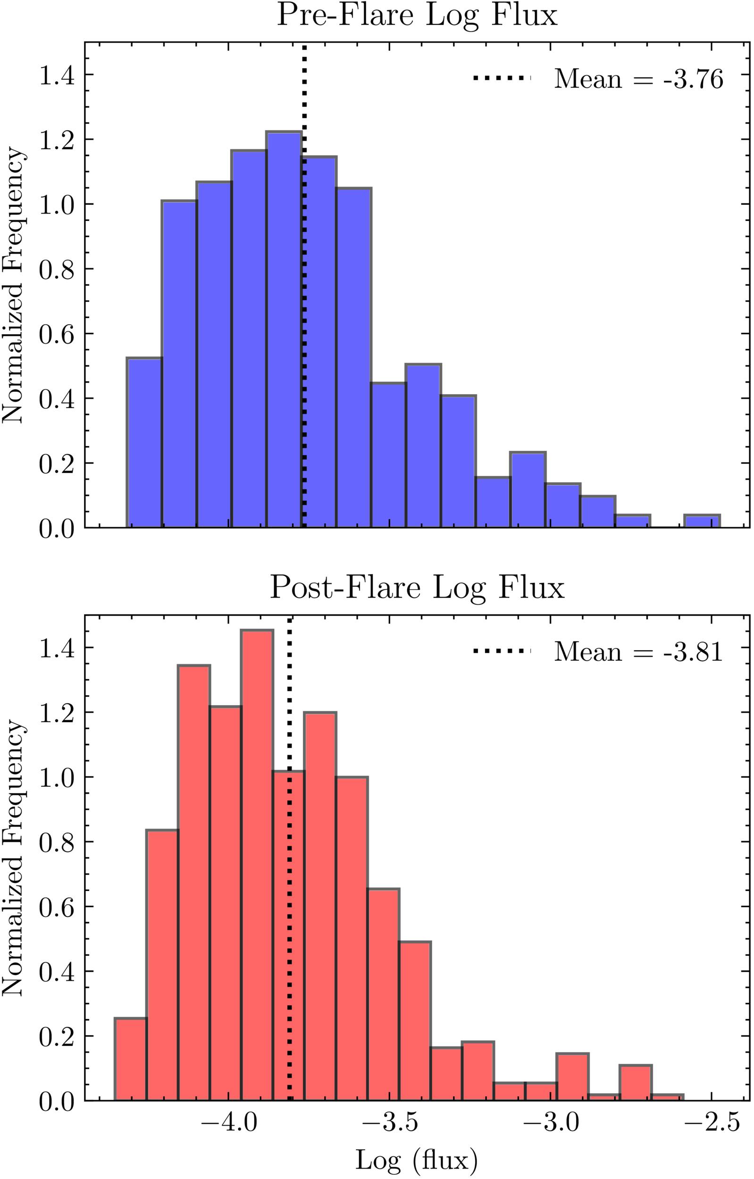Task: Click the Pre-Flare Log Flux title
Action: tap(417, 17)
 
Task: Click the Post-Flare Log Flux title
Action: tap(417, 588)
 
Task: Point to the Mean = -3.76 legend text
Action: tap(638, 79)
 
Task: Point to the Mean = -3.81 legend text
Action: tap(638, 652)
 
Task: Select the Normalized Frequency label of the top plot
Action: tap(14, 285)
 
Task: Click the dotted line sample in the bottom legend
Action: tap(502, 651)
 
